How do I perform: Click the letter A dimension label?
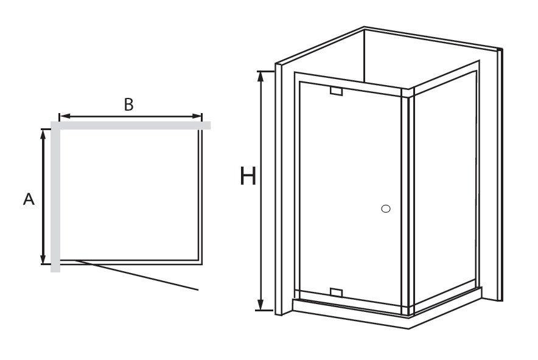click(29, 199)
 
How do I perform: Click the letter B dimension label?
click(128, 105)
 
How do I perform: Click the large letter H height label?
click(248, 176)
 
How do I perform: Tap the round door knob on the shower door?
click(386, 209)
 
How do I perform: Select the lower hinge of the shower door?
click(336, 292)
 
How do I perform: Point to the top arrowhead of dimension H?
click(260, 76)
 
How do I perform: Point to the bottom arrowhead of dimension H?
click(260, 305)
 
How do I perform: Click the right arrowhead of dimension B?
click(197, 116)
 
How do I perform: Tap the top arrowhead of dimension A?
click(43, 134)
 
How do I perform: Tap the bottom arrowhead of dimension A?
click(43, 259)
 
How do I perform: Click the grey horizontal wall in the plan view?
click(131, 125)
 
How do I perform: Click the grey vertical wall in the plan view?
click(55, 197)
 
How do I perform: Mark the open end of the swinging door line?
click(198, 290)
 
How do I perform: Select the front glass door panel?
click(350, 193)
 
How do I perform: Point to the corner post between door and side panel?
click(408, 202)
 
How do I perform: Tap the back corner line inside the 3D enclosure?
click(364, 56)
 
